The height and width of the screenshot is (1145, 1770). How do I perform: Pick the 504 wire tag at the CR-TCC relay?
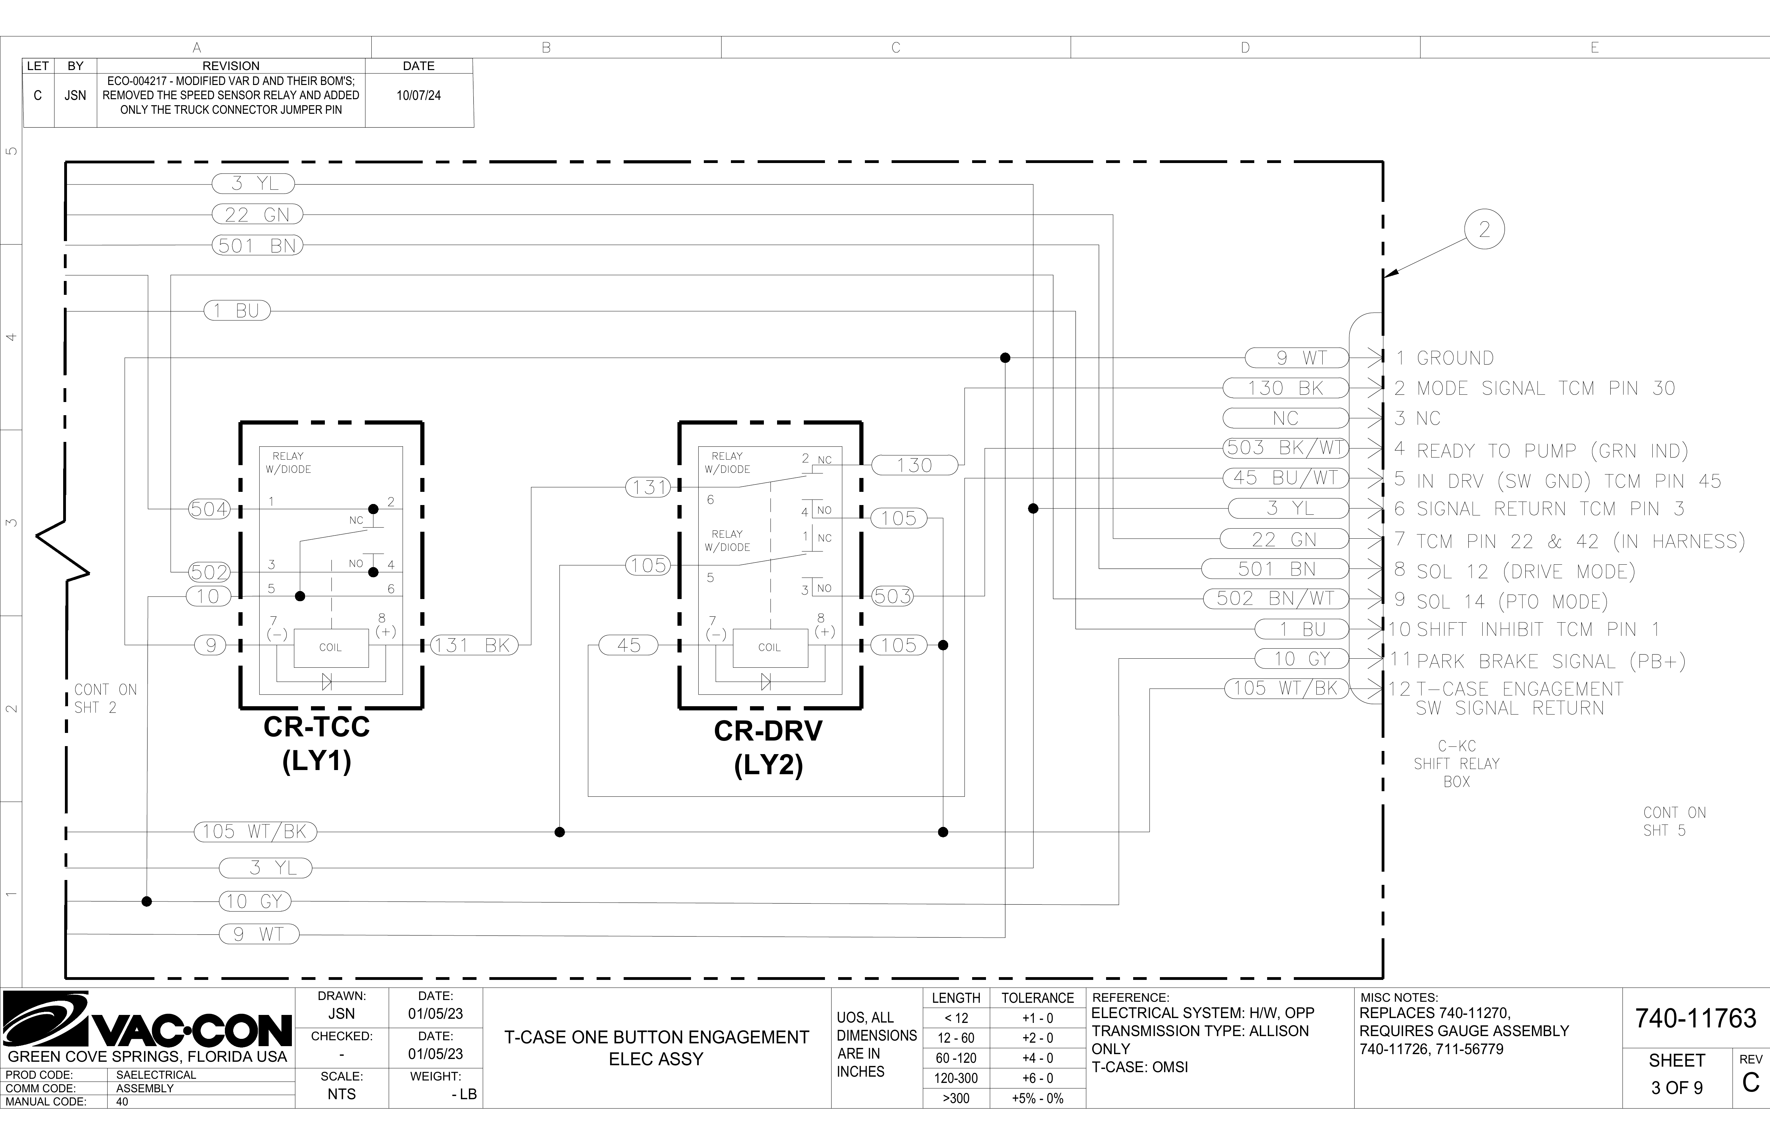tap(210, 509)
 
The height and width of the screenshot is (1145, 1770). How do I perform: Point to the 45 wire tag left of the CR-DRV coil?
tap(629, 646)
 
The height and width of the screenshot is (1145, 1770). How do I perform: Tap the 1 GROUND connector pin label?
tap(1445, 358)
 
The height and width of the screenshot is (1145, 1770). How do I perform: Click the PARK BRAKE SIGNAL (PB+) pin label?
tap(1551, 661)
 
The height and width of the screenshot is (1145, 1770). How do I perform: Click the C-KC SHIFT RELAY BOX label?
tap(1456, 763)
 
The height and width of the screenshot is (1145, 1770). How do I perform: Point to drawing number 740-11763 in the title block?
tap(1696, 1018)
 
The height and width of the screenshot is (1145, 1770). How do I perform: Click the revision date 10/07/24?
tap(419, 95)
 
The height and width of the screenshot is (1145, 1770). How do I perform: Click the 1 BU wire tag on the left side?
tap(237, 311)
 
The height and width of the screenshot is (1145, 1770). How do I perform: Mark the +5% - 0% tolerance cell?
tap(1037, 1098)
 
